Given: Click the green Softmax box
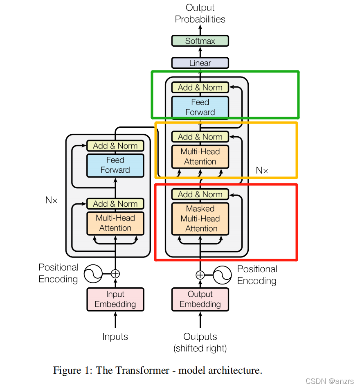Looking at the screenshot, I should coord(200,41).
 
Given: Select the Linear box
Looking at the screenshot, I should coord(200,63).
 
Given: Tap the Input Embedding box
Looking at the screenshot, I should coord(115,299).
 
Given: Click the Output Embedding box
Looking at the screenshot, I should coord(200,299).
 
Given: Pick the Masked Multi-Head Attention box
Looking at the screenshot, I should coord(200,219).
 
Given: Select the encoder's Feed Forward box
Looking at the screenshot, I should coord(115,165).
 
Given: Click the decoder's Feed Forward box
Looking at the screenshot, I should coord(200,107).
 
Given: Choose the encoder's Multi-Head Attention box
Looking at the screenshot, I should coord(115,223).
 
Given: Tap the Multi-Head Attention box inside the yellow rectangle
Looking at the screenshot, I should coord(200,156).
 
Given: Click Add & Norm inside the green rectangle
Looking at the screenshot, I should coord(200,88).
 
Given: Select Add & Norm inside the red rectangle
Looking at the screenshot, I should coord(200,194).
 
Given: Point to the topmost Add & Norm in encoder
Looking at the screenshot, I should coord(115,146).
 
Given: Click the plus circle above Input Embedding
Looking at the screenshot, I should coord(115,274).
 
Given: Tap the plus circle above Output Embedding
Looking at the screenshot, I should coord(200,275).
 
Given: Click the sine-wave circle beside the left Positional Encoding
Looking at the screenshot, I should coord(93,274).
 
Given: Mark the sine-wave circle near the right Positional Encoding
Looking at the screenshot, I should coord(223,275).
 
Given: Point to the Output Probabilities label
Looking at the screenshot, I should coord(200,14).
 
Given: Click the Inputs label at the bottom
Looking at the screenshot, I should coord(115,337).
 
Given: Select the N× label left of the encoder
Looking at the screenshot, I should coord(52,200).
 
